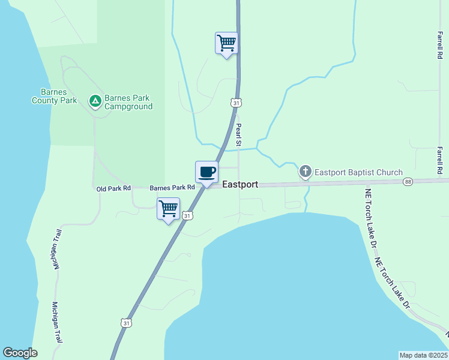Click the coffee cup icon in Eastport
click(x=206, y=172)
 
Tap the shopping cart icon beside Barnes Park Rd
click(x=168, y=209)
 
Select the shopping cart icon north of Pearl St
click(x=226, y=43)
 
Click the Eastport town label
click(x=240, y=185)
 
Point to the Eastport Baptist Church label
click(x=359, y=173)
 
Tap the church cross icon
click(x=306, y=172)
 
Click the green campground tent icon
click(x=95, y=101)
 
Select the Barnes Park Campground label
click(x=128, y=102)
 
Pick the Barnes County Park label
click(x=54, y=96)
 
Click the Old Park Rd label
click(x=113, y=188)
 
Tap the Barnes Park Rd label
click(x=172, y=188)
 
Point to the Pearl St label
click(x=238, y=135)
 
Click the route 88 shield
click(x=408, y=181)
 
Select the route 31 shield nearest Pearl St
click(x=237, y=103)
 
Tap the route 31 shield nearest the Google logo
click(x=125, y=323)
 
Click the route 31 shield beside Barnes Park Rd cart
click(x=187, y=215)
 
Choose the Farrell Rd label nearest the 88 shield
click(x=440, y=161)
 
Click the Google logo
click(x=20, y=353)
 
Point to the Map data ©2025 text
click(x=424, y=355)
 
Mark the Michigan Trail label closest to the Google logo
click(x=58, y=322)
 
